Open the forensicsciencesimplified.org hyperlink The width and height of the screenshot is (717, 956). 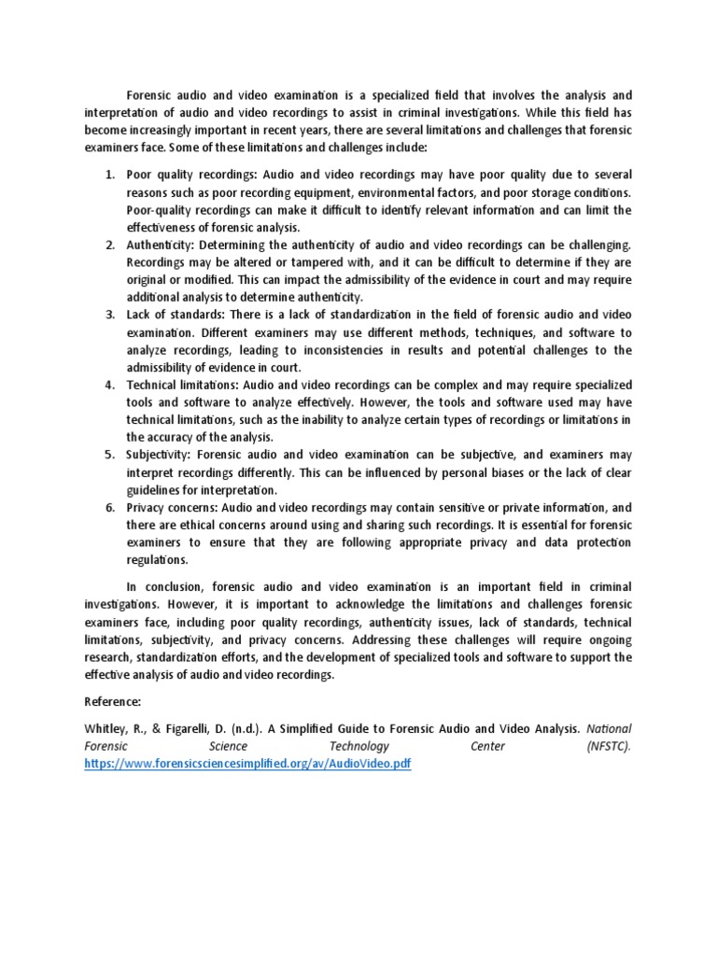pyautogui.click(x=246, y=763)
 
